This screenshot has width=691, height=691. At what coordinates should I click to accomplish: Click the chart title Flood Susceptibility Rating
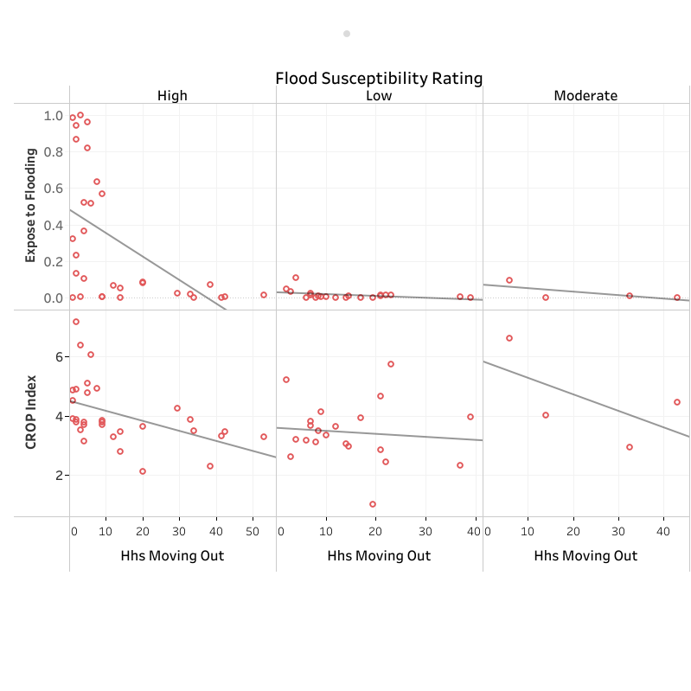point(379,79)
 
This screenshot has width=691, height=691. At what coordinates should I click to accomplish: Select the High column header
point(172,96)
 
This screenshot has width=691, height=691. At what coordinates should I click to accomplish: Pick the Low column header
point(379,96)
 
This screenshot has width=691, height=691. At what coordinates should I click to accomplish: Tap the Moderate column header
point(585,96)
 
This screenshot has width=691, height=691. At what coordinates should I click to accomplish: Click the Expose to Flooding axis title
point(30,205)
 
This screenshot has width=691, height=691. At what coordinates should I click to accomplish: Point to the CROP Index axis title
point(30,413)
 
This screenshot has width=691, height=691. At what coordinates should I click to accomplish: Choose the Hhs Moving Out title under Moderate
point(585,556)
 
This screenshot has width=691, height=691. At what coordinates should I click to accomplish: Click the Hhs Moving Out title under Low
point(379,556)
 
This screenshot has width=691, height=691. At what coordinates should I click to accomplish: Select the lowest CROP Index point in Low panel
point(373,504)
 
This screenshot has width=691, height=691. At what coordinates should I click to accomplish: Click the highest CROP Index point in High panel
point(76,322)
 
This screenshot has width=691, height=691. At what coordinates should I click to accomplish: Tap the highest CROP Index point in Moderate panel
point(509,338)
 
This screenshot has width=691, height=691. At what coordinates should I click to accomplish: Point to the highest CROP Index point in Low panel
point(391,364)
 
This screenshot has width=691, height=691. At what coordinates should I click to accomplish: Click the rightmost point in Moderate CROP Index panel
point(677,402)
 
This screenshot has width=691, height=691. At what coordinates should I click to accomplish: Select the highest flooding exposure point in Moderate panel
point(509,280)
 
